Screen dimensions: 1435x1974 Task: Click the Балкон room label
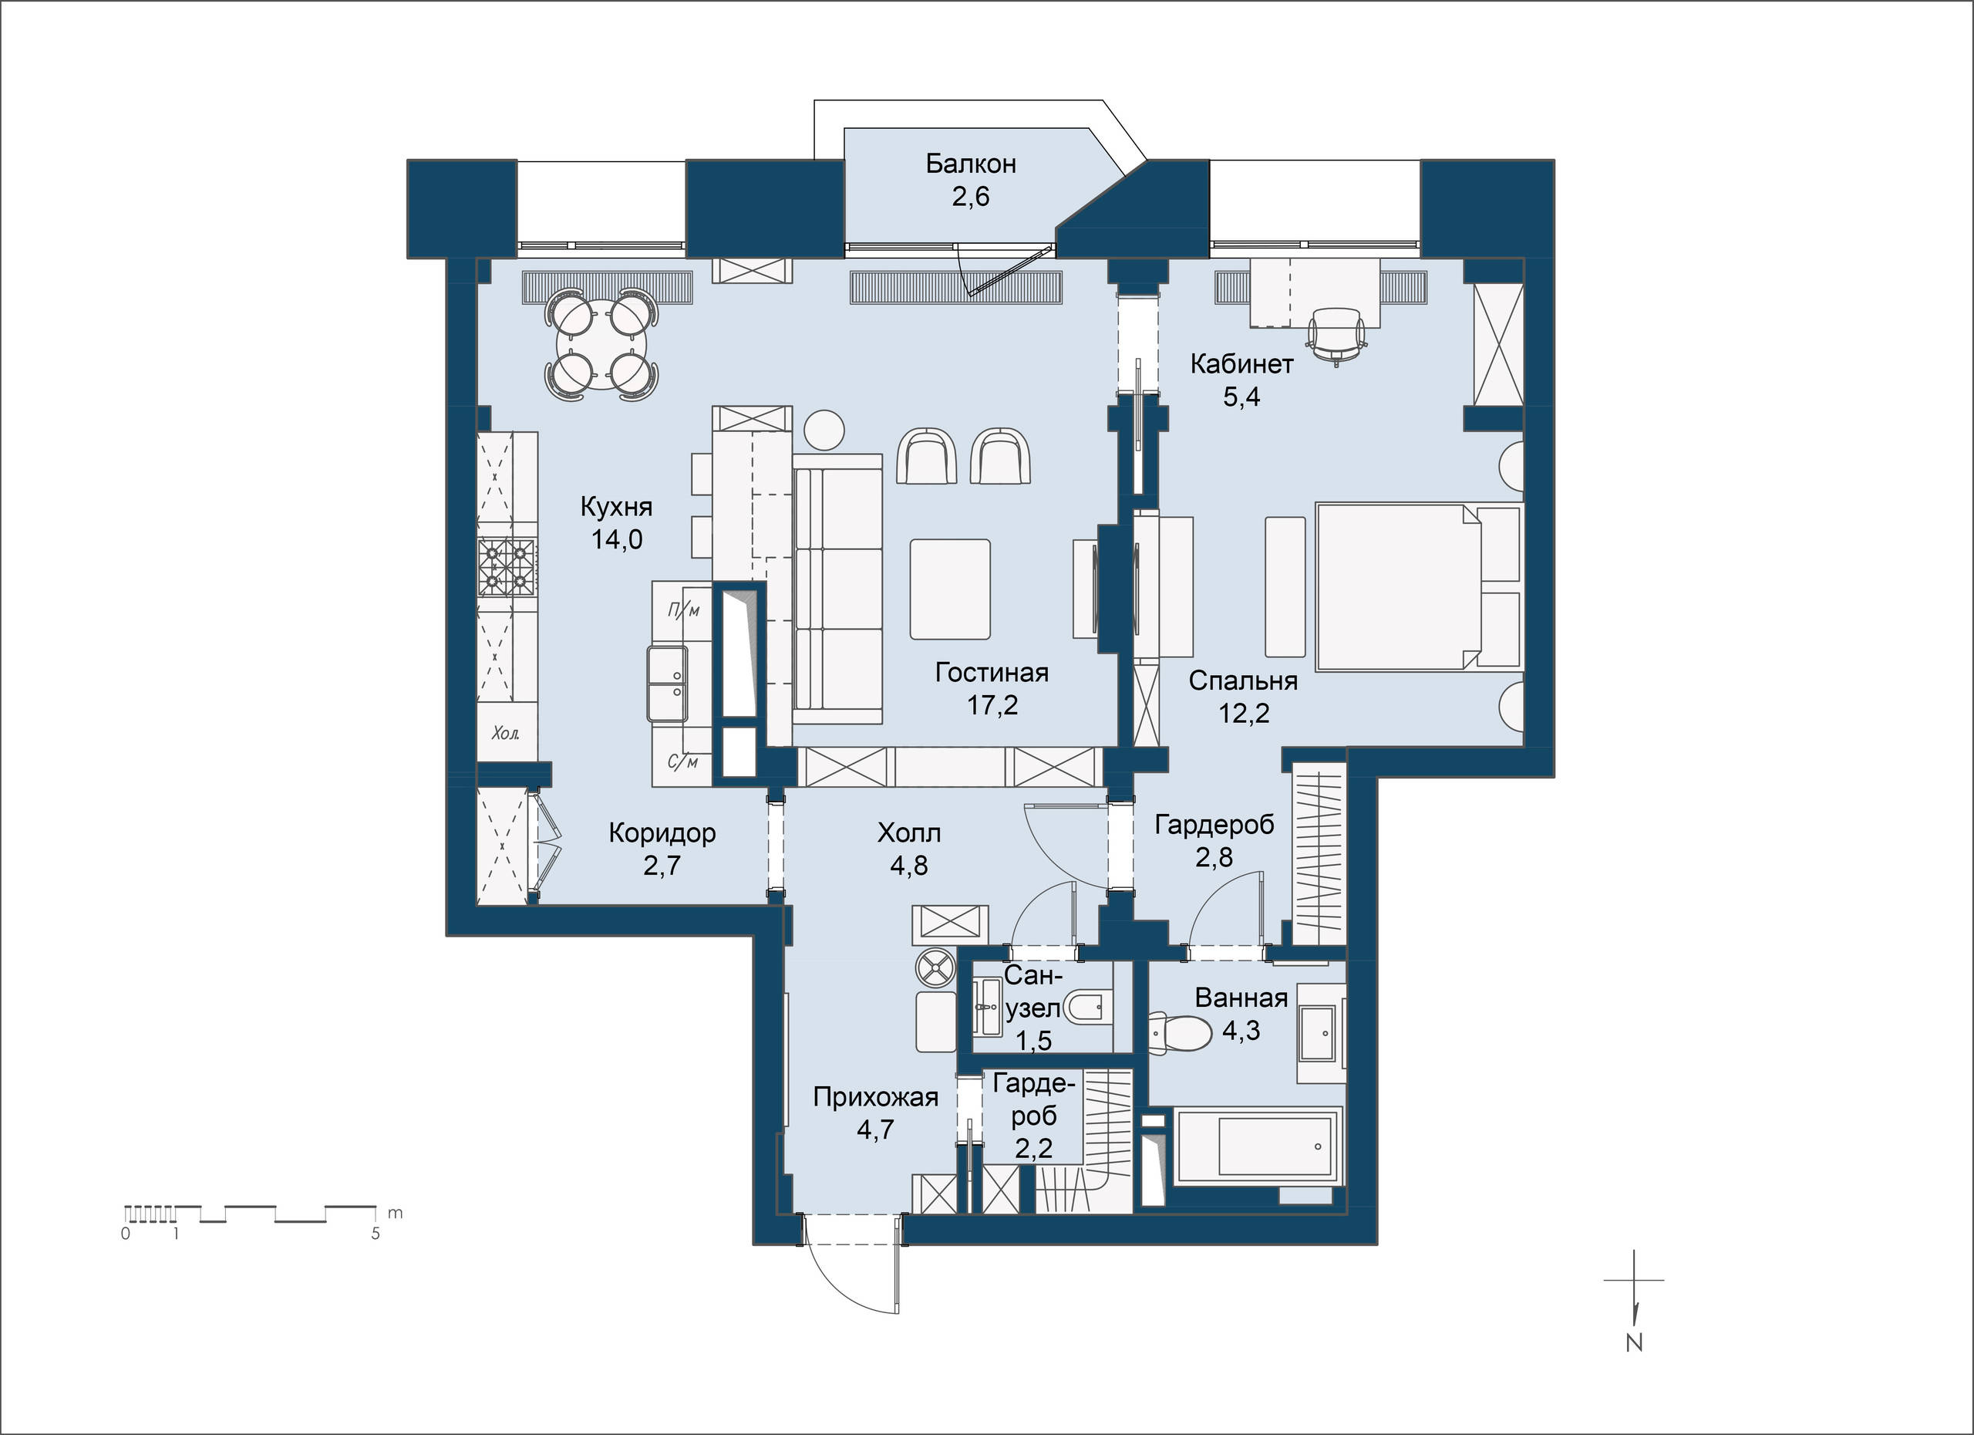[x=971, y=164]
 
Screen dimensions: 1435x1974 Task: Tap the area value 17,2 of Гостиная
[x=992, y=704]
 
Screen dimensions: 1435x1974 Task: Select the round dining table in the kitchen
[x=601, y=346]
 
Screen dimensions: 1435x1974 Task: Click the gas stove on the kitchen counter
[x=507, y=567]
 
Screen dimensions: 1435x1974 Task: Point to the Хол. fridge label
[x=506, y=733]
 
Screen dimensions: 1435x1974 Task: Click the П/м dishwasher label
[x=683, y=610]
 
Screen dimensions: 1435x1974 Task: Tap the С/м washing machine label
[x=683, y=763]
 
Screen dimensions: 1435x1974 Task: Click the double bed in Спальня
[x=1419, y=586]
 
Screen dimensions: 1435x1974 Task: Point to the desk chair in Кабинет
[x=1336, y=333]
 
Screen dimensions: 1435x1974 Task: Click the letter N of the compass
[x=1635, y=1342]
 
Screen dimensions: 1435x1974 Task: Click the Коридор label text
[x=662, y=833]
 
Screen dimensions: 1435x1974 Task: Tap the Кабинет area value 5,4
[x=1242, y=397]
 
